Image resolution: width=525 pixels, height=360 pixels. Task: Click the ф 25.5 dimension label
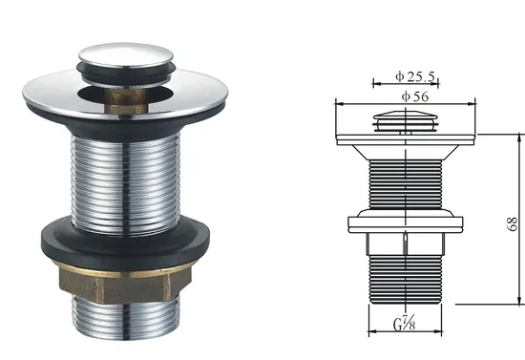415,76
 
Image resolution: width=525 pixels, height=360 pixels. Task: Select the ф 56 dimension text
415,96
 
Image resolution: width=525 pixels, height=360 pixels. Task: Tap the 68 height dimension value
513,223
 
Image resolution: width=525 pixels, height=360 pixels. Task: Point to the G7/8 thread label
405,324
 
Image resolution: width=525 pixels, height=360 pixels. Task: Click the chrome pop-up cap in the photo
126,55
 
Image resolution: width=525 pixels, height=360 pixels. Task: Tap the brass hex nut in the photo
124,284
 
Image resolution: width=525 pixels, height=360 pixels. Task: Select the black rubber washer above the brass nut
126,240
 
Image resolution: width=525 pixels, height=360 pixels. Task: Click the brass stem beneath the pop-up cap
124,100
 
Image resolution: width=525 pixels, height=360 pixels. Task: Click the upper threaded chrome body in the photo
126,183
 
